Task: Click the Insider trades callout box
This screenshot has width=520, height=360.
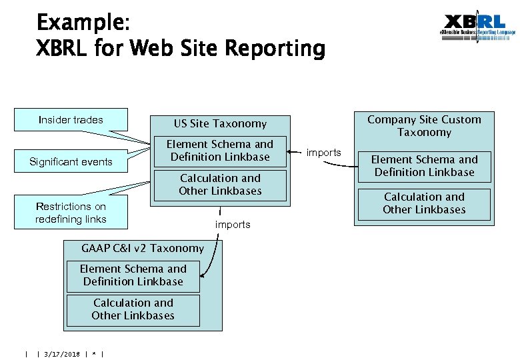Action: (x=71, y=120)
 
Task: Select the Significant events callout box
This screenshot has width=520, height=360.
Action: (x=71, y=162)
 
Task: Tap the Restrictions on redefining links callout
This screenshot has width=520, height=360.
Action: (x=71, y=213)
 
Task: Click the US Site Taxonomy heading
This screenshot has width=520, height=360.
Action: (x=220, y=123)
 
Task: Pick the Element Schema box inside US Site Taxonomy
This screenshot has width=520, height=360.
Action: (x=220, y=151)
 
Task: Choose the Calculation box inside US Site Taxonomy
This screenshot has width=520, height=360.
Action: (x=220, y=185)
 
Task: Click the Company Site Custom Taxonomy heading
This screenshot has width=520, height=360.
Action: (x=424, y=126)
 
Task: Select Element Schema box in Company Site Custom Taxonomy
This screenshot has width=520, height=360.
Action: (x=424, y=166)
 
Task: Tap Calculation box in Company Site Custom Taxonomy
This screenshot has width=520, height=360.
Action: (x=424, y=203)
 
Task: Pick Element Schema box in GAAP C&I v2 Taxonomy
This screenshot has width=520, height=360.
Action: (x=133, y=275)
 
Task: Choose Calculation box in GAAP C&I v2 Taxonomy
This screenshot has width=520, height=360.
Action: (x=133, y=309)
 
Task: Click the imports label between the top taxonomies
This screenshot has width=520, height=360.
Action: (x=323, y=153)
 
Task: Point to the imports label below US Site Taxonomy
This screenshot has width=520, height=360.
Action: (x=233, y=225)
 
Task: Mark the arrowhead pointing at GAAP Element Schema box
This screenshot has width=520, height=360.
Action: (x=204, y=274)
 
